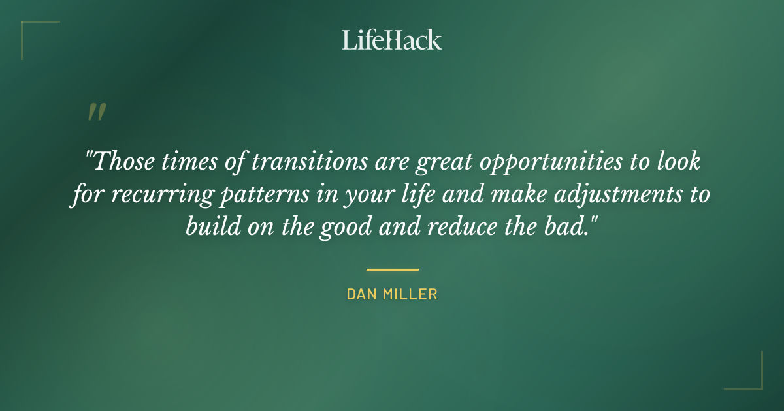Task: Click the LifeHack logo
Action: [x=392, y=40]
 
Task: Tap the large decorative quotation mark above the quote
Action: [x=96, y=113]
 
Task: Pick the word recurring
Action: [x=152, y=195]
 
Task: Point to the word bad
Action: [x=574, y=228]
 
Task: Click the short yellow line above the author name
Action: [x=392, y=269]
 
